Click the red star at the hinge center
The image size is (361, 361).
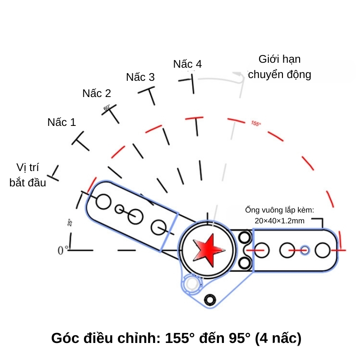[208, 248]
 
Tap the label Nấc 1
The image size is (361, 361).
[62, 122]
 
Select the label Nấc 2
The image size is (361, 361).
[97, 93]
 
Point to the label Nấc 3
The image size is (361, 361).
[140, 77]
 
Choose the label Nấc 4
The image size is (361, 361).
[187, 64]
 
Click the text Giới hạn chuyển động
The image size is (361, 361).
[280, 67]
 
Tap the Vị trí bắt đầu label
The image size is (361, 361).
[28, 176]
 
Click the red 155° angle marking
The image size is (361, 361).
[256, 123]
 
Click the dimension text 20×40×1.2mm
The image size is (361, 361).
[280, 221]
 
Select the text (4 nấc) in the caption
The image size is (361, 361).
[278, 338]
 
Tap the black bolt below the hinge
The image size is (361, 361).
[210, 300]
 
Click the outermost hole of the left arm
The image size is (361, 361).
[103, 202]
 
